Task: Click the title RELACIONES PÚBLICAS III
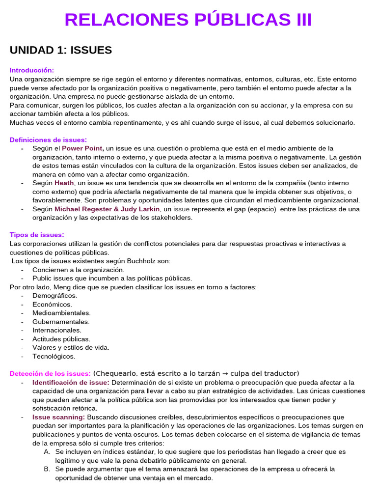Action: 188,20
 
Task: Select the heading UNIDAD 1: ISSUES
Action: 61,50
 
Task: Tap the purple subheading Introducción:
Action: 32,70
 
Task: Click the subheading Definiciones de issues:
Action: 48,140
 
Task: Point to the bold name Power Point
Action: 82,148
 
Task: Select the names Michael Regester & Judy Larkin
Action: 107,209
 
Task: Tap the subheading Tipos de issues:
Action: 37,235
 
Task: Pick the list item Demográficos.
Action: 54,295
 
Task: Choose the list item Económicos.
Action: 52,304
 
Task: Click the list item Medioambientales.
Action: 61,313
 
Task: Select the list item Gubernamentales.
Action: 61,322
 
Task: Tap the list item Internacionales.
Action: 57,330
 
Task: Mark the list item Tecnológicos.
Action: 54,356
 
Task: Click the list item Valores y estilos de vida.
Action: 71,347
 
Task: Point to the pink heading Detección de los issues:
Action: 50,374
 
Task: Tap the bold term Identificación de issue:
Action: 71,382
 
